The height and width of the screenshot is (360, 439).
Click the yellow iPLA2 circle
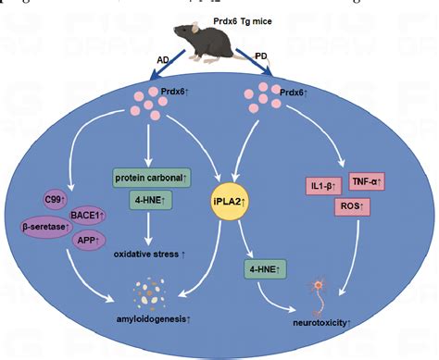228,198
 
